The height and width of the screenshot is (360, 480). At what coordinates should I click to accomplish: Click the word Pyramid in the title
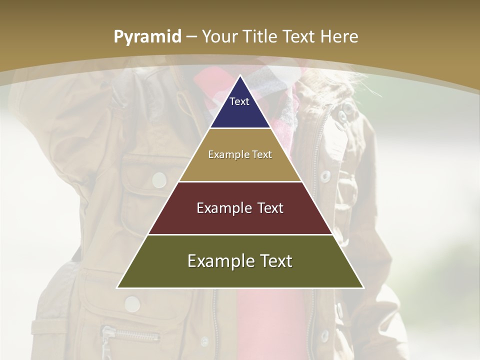tap(147, 37)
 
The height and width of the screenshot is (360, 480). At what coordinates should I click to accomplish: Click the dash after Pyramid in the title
tap(191, 37)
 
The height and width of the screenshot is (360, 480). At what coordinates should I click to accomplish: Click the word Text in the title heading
tap(299, 36)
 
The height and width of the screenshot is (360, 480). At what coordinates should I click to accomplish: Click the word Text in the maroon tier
tap(267, 208)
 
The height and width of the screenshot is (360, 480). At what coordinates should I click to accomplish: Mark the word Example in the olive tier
tap(218, 261)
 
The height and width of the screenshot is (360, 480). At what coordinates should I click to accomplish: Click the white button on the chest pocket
tap(159, 179)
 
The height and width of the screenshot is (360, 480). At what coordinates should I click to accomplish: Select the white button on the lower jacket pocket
tap(132, 303)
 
